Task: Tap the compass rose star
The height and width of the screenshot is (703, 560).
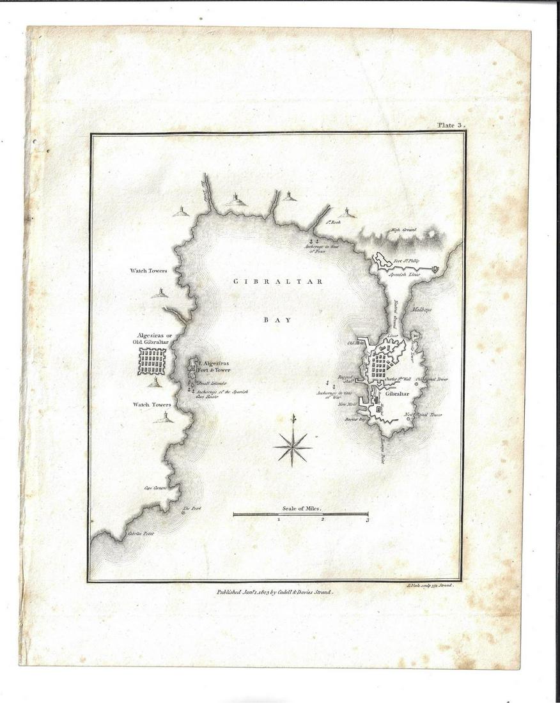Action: tap(293, 447)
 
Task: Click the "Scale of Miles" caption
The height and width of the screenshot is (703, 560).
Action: tap(300, 509)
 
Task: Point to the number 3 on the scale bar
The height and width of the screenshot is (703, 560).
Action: tap(368, 520)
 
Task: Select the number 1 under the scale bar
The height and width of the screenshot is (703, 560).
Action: tap(279, 520)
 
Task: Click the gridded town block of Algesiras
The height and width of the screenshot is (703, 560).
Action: tap(152, 362)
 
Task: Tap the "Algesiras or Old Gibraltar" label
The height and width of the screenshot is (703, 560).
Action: tap(150, 339)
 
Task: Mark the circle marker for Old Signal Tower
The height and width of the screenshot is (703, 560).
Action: tap(417, 383)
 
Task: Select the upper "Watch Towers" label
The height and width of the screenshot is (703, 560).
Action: tap(149, 271)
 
